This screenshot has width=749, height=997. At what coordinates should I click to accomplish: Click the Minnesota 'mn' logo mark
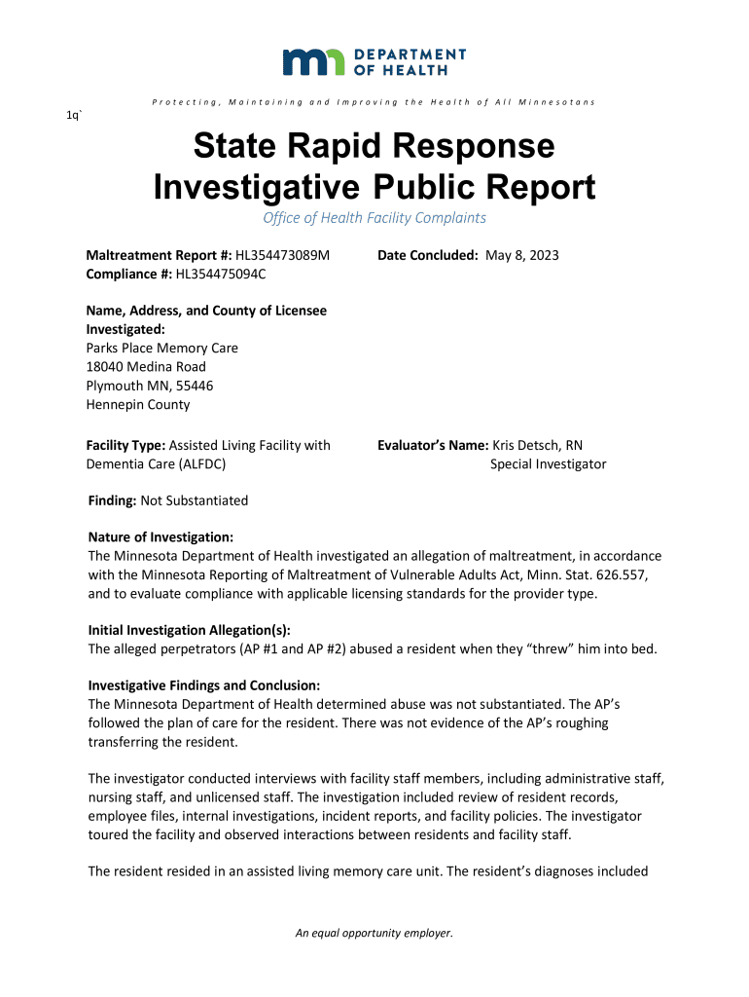(x=313, y=62)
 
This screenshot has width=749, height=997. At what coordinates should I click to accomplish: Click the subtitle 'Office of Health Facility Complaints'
(x=374, y=218)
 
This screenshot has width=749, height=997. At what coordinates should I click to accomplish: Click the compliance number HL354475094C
(x=221, y=275)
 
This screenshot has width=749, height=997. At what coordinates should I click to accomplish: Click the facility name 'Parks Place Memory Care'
(x=162, y=348)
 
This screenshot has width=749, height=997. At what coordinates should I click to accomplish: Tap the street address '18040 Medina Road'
(x=146, y=367)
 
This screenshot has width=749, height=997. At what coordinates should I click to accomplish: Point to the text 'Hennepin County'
(x=138, y=405)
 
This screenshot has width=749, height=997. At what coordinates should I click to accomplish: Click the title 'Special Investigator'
(x=548, y=464)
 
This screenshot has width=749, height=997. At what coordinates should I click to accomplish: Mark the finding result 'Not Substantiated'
(x=195, y=500)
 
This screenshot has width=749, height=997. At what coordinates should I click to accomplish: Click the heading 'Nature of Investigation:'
(x=160, y=537)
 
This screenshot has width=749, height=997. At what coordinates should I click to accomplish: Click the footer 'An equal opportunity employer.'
(x=374, y=934)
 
